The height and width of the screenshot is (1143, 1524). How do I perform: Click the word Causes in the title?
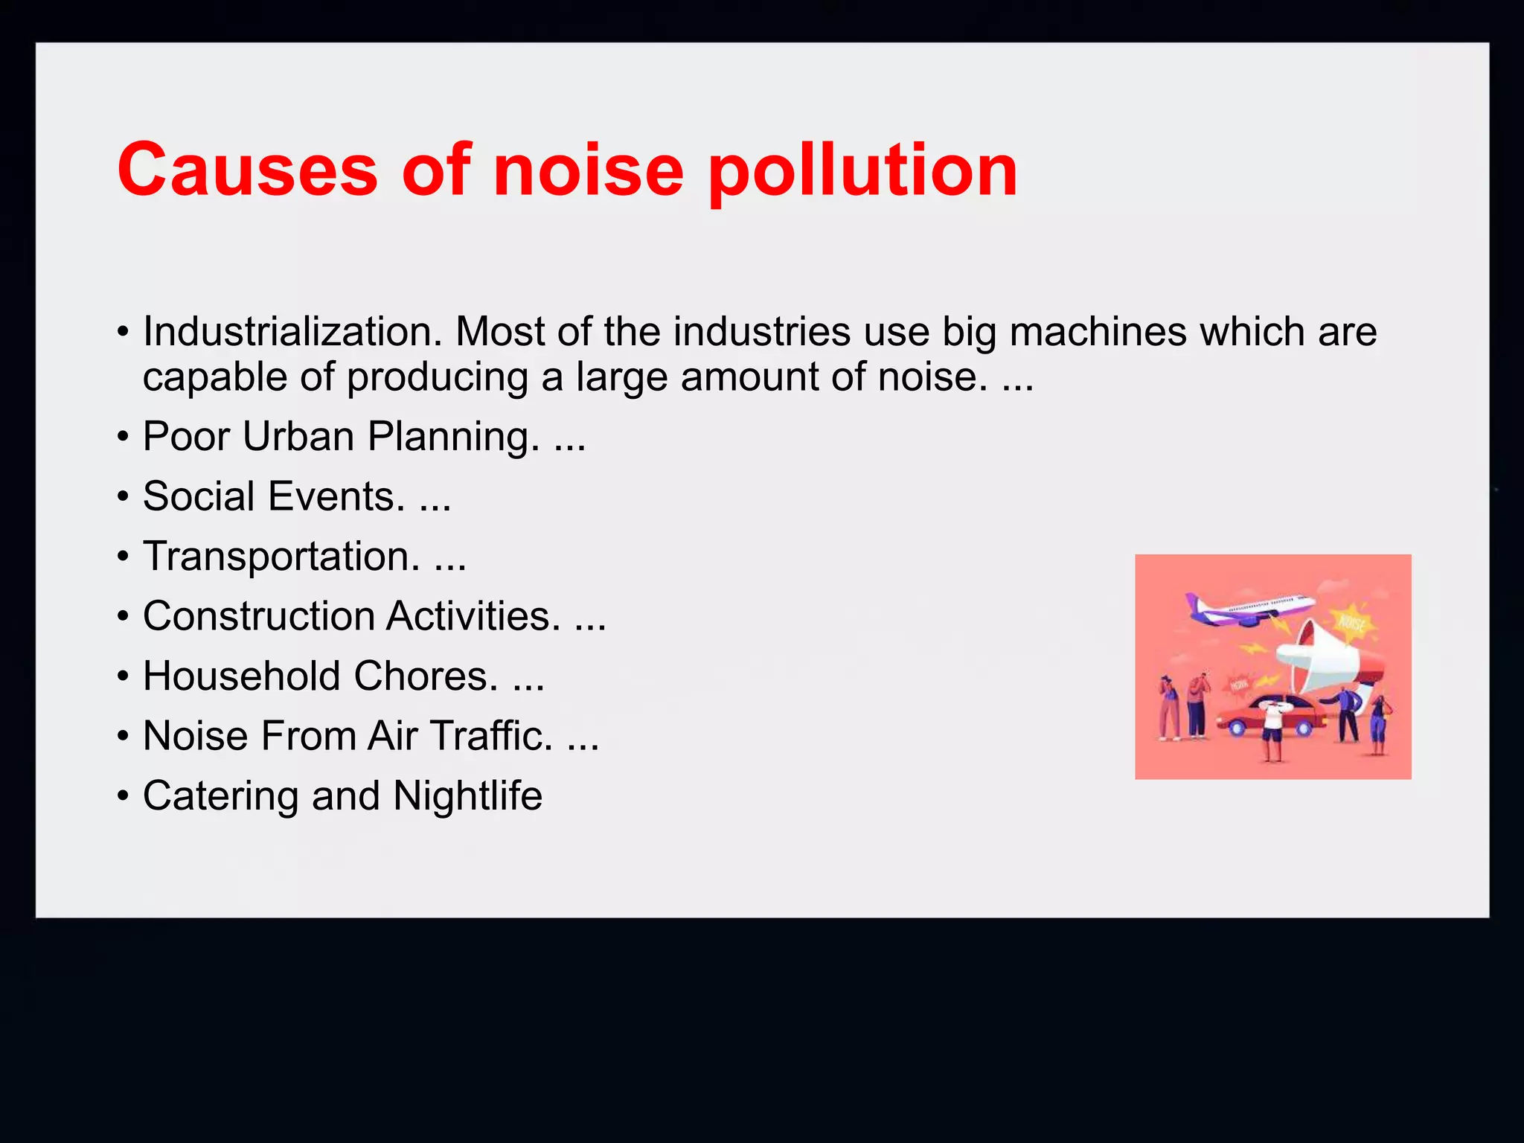point(248,170)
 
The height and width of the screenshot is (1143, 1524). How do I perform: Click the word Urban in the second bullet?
point(298,436)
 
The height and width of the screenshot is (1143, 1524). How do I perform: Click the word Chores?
point(426,676)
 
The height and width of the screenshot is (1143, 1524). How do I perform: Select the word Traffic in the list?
point(491,736)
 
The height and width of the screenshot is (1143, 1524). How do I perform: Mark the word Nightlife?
point(467,796)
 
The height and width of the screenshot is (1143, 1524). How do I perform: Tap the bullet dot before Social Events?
point(123,498)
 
